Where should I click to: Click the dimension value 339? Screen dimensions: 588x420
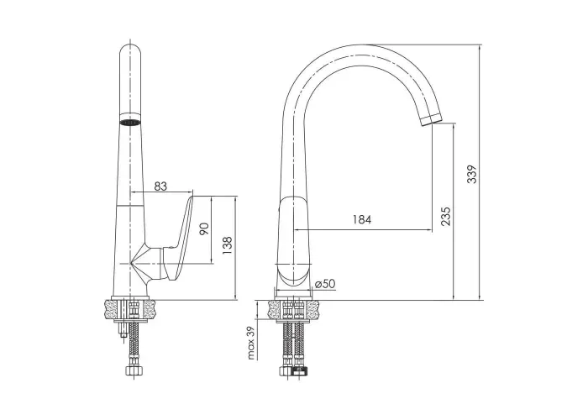[472, 174]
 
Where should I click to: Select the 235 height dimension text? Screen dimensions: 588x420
[445, 216]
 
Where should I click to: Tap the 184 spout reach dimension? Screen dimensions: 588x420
[362, 219]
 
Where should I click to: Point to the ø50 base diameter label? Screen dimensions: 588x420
[325, 284]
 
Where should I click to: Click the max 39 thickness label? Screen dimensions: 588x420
[251, 343]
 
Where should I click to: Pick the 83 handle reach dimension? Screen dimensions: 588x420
[160, 186]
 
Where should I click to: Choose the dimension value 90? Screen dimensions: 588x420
[204, 228]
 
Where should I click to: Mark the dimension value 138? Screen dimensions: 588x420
[228, 245]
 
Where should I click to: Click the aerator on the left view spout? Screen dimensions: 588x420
[130, 122]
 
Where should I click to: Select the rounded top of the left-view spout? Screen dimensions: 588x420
[130, 49]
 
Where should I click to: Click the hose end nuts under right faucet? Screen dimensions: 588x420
[293, 371]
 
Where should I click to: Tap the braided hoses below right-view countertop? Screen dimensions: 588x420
[293, 343]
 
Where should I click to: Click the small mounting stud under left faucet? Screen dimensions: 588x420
[123, 330]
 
